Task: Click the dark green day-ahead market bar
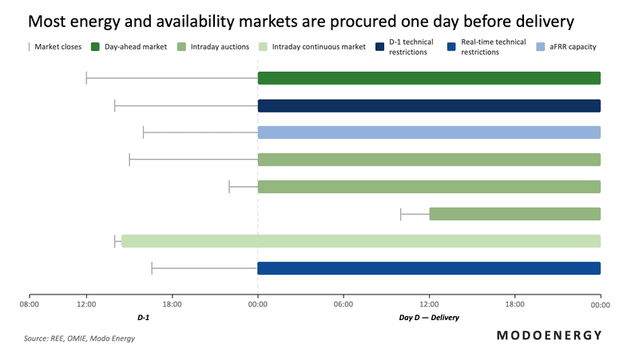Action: click(x=429, y=77)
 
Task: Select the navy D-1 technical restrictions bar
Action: click(x=429, y=105)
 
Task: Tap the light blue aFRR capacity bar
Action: click(x=429, y=133)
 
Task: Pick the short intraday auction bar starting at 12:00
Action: click(x=514, y=213)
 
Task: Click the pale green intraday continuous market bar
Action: click(x=359, y=240)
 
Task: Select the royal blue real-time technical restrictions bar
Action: click(x=429, y=268)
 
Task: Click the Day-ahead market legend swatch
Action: click(x=97, y=47)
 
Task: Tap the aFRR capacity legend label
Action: click(x=574, y=47)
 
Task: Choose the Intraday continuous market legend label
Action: click(x=319, y=47)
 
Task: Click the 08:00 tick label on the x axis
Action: click(x=30, y=304)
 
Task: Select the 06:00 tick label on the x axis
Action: click(x=343, y=304)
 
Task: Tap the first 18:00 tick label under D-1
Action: click(x=172, y=304)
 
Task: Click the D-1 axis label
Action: click(x=144, y=318)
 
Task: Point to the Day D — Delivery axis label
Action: click(x=429, y=318)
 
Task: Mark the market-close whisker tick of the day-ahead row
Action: click(x=86, y=77)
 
